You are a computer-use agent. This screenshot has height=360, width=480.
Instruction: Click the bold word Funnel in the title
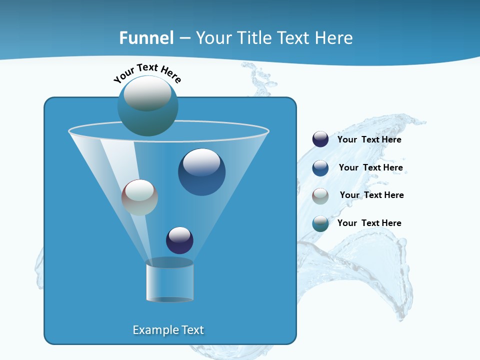click(146, 38)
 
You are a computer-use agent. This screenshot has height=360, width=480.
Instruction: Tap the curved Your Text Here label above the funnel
click(147, 72)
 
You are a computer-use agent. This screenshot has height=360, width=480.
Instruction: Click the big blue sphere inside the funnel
click(201, 172)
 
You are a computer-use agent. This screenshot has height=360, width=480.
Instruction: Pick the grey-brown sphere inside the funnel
click(139, 197)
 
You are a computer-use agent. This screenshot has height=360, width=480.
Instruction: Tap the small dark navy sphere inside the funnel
click(179, 240)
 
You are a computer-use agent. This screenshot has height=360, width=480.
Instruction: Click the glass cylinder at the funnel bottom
click(169, 281)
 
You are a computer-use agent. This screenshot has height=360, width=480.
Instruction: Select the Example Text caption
click(168, 330)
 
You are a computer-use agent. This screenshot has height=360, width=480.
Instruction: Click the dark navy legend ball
click(320, 139)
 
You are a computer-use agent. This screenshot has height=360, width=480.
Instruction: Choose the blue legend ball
click(320, 168)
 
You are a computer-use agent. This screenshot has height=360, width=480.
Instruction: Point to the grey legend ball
click(320, 195)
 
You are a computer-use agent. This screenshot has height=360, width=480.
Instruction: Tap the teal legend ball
click(320, 223)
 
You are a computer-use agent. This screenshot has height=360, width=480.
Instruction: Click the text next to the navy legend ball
click(369, 139)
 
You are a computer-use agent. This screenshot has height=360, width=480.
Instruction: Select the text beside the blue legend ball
click(370, 167)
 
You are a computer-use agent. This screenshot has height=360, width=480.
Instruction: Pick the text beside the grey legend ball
click(371, 195)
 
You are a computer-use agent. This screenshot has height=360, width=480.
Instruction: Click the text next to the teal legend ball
click(369, 223)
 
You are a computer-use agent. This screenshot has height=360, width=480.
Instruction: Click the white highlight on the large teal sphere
click(147, 94)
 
